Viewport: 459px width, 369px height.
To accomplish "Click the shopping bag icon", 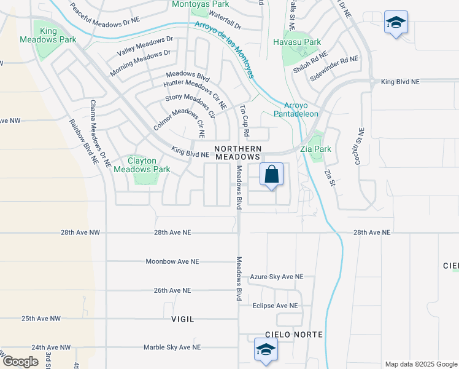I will point(272,175).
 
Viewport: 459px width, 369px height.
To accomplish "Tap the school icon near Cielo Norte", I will point(266,350).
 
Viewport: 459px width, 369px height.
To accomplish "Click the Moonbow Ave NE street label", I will point(172,261).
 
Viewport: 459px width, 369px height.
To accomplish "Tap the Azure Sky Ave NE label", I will point(277,277).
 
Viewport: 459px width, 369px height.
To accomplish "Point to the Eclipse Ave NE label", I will point(275,305).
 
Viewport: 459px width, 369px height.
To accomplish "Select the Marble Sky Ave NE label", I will point(172,347).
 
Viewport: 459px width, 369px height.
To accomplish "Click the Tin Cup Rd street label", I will point(245,120).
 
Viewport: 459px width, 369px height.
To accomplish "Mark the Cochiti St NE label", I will point(361,141).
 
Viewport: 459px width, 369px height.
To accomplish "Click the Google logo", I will point(20,362).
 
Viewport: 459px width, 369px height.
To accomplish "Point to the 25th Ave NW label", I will point(41,319).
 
